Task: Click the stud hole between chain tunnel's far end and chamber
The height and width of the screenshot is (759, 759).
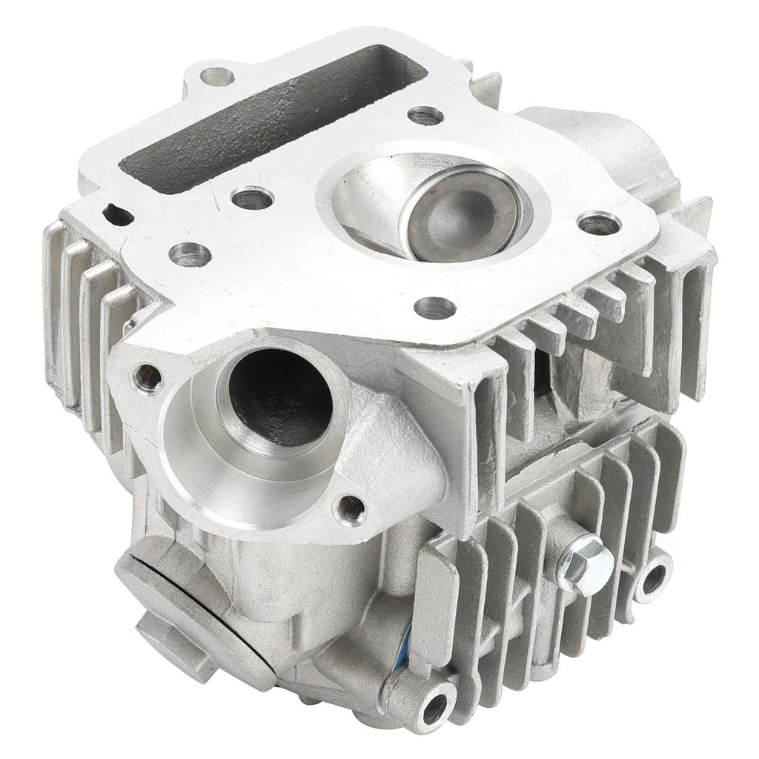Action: click(x=425, y=116)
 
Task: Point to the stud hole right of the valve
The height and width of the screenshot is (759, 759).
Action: click(x=598, y=223)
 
